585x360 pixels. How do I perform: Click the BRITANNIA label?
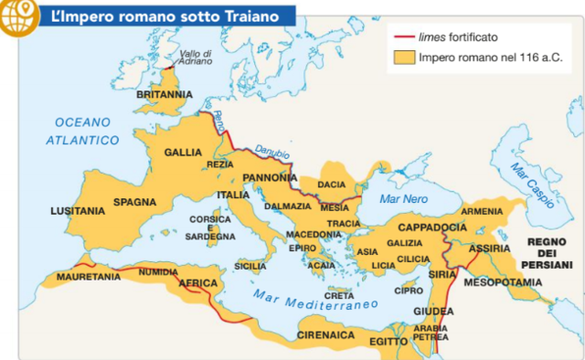pos(165,94)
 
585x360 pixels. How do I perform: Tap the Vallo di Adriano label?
pos(196,58)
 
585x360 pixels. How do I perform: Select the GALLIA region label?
pos(183,153)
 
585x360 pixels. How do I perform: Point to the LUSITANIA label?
pos(78,211)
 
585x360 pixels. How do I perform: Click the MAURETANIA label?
pos(89,276)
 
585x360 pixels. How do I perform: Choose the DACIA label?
pos(331,185)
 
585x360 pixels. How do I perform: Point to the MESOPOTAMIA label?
pos(505,282)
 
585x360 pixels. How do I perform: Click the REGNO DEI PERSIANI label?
pos(547,252)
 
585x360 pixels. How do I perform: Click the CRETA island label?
pos(339,294)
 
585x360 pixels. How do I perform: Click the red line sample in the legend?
pos(404,38)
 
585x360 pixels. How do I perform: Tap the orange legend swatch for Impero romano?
pos(404,58)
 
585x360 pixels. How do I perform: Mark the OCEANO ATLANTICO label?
pos(84,131)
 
